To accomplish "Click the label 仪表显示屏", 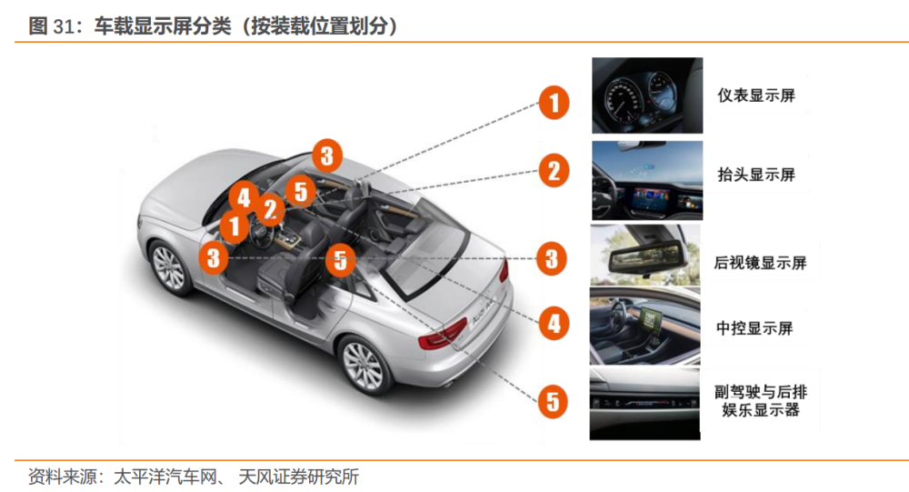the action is point(756,95).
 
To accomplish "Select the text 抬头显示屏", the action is point(756,174).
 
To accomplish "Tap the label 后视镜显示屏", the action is point(760,263).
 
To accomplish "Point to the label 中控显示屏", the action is point(754,328).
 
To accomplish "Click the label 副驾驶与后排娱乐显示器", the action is point(761,401).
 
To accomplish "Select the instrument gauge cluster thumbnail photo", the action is point(647,95).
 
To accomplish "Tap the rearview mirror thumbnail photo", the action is point(645,255).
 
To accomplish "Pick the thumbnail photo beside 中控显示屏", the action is point(644,326).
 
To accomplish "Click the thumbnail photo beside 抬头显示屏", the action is point(647,180).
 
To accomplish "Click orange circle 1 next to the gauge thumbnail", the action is point(554,103).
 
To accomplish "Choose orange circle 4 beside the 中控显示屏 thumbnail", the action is point(554,323).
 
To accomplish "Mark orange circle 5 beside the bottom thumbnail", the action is point(553,401).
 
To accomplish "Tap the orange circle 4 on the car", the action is point(244,198).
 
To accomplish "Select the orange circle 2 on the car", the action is point(270,209).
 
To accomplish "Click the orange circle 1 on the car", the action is point(235,226).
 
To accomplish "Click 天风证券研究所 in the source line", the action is point(298,477).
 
